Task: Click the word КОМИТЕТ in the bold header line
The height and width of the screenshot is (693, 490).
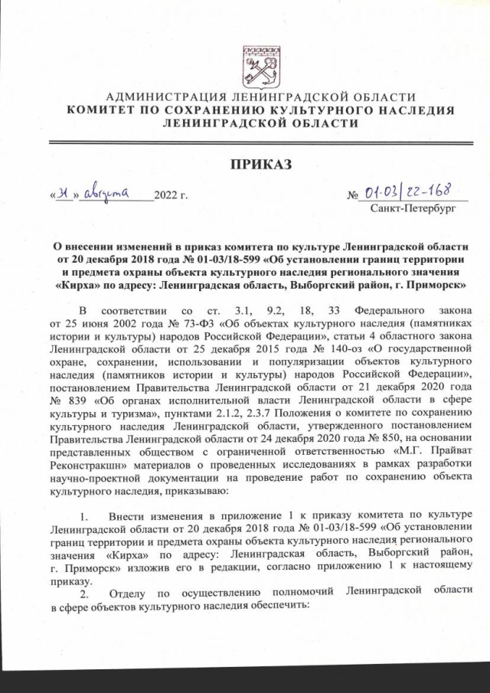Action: [x=100, y=110]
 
